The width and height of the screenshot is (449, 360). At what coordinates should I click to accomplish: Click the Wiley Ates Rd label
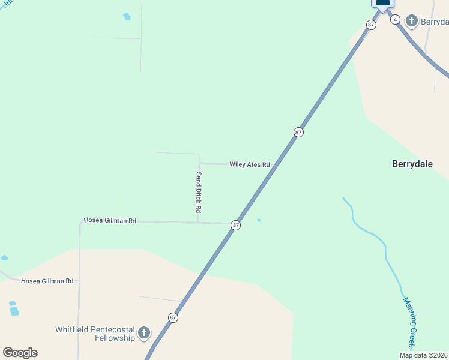coord(250,164)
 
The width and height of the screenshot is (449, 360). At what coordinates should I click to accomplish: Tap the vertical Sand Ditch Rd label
coord(198,193)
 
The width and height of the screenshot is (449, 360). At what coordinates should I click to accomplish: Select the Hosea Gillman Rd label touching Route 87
coord(110,221)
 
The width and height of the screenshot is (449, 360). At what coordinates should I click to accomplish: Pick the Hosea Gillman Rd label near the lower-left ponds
coord(47,281)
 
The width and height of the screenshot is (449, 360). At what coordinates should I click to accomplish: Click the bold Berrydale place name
coord(412,164)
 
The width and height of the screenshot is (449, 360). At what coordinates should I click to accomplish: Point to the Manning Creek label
coord(409,322)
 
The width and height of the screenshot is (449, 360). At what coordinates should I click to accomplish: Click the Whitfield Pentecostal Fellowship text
coord(95,334)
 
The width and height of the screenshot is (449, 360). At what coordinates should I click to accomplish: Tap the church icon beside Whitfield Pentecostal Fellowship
coord(143,332)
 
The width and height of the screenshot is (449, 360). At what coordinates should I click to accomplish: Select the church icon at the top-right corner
coord(412,22)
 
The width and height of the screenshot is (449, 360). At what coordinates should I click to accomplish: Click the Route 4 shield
coord(395,19)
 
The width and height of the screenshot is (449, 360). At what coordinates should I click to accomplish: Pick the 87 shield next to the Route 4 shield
coord(371,25)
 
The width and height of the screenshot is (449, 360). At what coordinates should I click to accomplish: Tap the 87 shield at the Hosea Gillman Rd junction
coord(236,225)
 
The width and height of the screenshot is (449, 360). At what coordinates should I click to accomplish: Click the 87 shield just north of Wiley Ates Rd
coord(298,132)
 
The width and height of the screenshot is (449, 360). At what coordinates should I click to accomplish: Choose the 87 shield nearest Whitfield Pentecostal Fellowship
coord(173,317)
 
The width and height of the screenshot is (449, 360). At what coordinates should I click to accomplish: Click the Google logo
coord(20,353)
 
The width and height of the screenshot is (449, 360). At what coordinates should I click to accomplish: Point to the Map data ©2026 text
coord(424,355)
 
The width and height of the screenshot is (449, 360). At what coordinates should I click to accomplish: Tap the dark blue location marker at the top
coord(382,4)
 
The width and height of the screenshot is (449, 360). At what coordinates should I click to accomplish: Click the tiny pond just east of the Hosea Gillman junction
coord(259,220)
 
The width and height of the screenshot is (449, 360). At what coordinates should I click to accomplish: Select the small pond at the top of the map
coord(127,17)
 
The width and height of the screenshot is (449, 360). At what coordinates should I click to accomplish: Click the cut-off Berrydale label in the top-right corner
coord(435,22)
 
